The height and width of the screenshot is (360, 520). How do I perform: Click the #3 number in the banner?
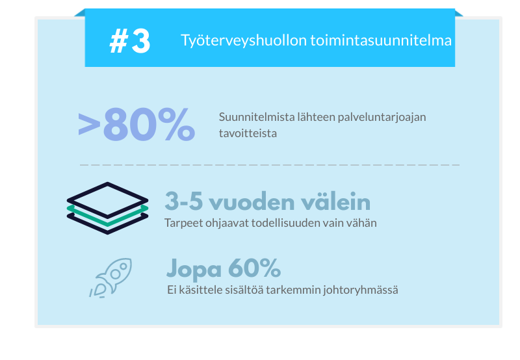click(x=129, y=41)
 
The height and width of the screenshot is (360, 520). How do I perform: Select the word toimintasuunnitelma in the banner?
click(x=381, y=40)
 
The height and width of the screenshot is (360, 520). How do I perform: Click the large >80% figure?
click(x=136, y=125)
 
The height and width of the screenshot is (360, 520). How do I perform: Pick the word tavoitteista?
click(x=248, y=133)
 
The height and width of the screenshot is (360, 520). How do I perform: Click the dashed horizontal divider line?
click(x=270, y=165)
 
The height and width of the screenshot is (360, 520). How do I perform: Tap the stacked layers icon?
click(x=107, y=208)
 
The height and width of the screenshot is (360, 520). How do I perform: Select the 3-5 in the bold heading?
click(x=184, y=201)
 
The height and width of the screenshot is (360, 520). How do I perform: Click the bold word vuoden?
click(x=252, y=201)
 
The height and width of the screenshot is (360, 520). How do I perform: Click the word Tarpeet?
click(x=183, y=224)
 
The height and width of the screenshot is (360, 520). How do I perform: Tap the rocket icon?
click(x=110, y=277)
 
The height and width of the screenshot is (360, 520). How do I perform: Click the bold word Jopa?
click(x=194, y=269)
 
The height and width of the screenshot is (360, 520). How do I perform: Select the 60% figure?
click(x=254, y=268)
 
